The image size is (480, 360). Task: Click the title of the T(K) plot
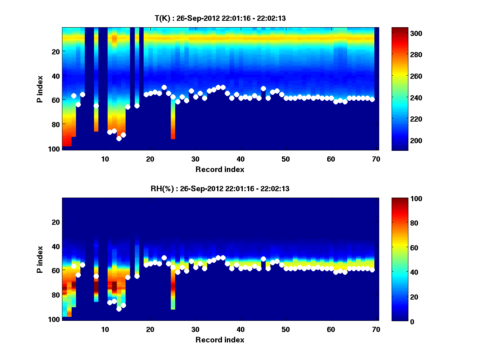coord(220,18)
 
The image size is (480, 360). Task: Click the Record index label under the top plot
coord(220,169)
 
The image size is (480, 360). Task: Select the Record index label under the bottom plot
coord(220,340)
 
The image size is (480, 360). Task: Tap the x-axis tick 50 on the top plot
coord(286,159)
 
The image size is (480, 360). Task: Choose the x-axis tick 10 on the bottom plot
coord(105,329)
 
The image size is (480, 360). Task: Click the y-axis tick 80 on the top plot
coord(55,124)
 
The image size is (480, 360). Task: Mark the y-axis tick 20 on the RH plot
coord(55,222)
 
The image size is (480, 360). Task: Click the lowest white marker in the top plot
coord(119,138)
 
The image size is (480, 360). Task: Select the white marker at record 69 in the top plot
coord(372,99)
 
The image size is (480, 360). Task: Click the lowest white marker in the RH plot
coord(119,309)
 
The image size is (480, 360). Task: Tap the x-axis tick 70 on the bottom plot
coord(376,329)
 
